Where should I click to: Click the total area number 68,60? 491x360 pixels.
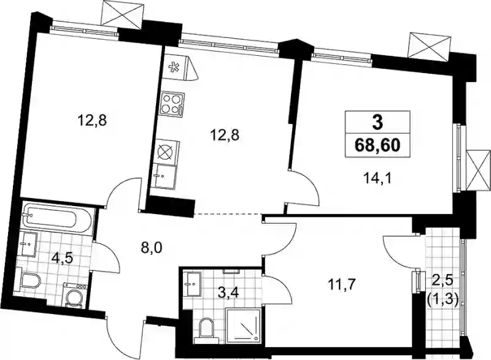(377, 145)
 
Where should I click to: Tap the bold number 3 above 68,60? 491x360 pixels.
(377, 123)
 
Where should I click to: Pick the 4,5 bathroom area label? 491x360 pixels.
(63, 258)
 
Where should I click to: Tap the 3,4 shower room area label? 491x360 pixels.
(228, 293)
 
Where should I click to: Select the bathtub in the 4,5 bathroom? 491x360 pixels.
(58, 217)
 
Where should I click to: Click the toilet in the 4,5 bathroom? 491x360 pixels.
(30, 280)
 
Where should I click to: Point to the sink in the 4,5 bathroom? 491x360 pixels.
(28, 244)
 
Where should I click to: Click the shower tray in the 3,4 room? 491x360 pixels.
(243, 324)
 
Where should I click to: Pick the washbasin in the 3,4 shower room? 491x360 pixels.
(193, 283)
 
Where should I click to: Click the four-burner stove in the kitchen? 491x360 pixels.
(172, 104)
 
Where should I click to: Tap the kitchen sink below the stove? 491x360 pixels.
(164, 177)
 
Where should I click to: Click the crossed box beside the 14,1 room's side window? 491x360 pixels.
(478, 170)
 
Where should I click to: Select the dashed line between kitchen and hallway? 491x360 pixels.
(228, 214)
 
